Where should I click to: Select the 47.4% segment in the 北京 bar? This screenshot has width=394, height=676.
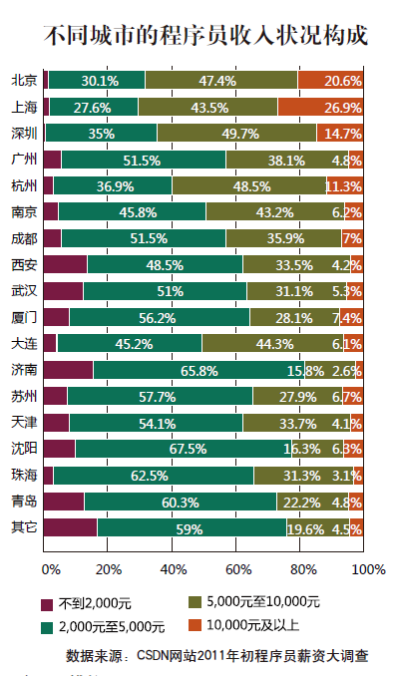pyautogui.click(x=221, y=80)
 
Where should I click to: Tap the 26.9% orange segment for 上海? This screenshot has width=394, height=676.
pyautogui.click(x=319, y=106)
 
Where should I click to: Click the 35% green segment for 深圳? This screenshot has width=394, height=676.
pyautogui.click(x=101, y=133)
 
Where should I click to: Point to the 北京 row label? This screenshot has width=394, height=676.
pyautogui.click(x=24, y=80)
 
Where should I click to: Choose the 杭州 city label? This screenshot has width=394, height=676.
pyautogui.click(x=24, y=185)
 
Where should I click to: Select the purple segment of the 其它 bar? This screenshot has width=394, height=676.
pyautogui.click(x=70, y=527)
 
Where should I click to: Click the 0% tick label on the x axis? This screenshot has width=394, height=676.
pyautogui.click(x=51, y=569)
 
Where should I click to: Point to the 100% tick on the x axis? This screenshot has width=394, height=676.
pyautogui.click(x=368, y=569)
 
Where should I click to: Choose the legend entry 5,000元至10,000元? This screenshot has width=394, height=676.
pyautogui.click(x=262, y=602)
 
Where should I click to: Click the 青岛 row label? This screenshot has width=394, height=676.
pyautogui.click(x=24, y=502)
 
